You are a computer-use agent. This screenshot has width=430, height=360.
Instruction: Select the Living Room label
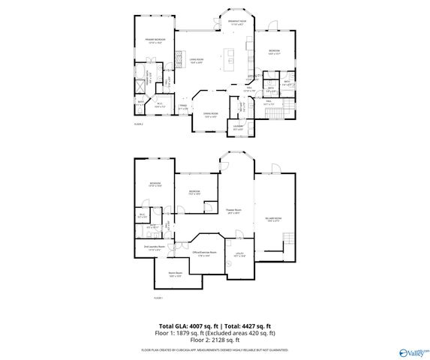197,61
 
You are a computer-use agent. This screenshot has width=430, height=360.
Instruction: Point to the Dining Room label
210,115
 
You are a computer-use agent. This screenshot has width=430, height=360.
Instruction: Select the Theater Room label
233,211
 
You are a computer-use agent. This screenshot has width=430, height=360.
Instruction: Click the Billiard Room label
273,218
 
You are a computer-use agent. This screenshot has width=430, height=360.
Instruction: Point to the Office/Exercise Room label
204,253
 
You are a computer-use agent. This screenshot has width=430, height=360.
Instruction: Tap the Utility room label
240,256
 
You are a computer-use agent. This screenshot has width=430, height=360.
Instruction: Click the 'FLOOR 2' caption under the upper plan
138,124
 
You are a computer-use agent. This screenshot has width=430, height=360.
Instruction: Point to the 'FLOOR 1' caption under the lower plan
158,298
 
